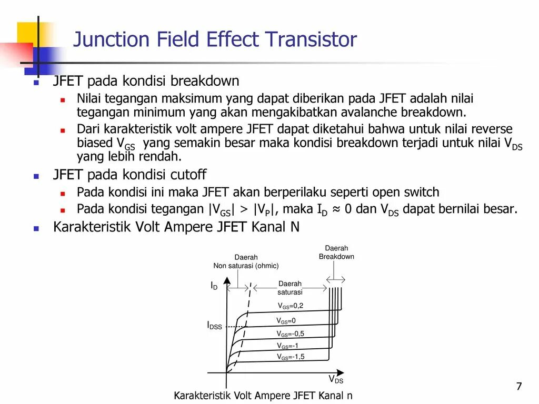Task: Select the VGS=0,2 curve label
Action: click(291, 306)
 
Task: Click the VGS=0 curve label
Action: click(286, 320)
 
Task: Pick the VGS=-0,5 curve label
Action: click(291, 334)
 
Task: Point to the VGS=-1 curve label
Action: click(288, 346)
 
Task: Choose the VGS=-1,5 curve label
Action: click(291, 357)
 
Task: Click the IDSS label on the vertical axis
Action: click(214, 326)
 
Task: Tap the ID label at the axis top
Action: click(214, 286)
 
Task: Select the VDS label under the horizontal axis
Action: click(336, 379)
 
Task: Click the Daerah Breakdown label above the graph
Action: click(336, 252)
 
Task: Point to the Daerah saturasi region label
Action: click(290, 288)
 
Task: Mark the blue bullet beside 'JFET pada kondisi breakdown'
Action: click(36, 83)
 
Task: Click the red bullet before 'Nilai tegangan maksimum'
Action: click(62, 99)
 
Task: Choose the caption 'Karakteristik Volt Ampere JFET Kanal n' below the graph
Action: click(263, 396)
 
